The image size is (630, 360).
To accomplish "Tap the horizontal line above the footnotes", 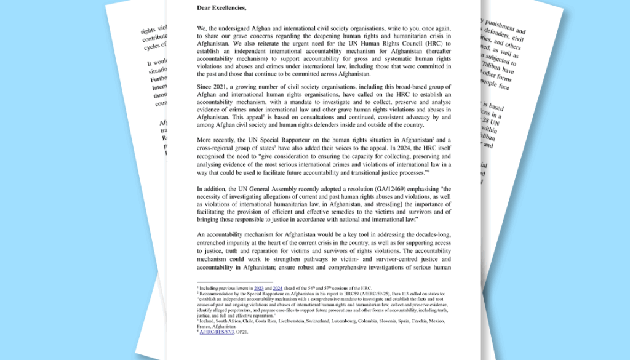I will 234,282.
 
